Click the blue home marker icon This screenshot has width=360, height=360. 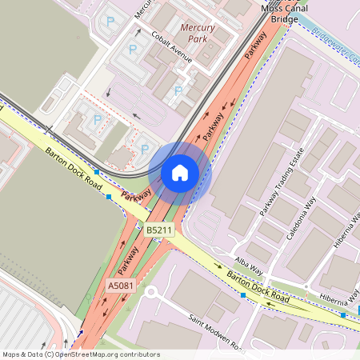pos(180,172)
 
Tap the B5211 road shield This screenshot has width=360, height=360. pos(159,230)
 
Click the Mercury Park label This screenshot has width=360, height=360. pos(198,32)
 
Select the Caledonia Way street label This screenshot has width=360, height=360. pos(302,218)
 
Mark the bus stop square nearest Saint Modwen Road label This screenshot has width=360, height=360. pos(243,295)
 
